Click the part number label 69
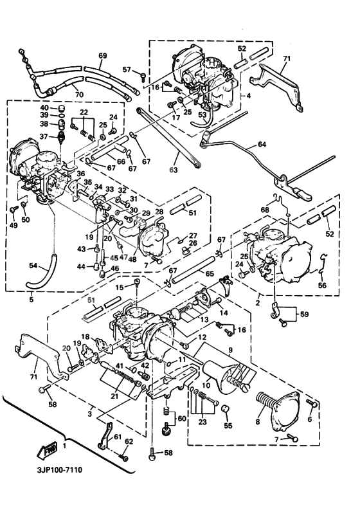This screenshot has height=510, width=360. point(102,56)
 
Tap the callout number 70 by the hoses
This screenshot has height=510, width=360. point(79,95)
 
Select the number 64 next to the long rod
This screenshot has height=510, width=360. point(261,145)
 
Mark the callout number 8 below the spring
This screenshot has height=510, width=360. point(258,423)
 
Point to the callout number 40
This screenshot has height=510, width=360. point(44,107)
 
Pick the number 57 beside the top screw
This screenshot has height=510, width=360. point(127,70)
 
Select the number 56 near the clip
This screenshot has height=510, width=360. point(322,286)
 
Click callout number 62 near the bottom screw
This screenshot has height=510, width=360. point(129,442)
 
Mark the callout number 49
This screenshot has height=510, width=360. point(13,225)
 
